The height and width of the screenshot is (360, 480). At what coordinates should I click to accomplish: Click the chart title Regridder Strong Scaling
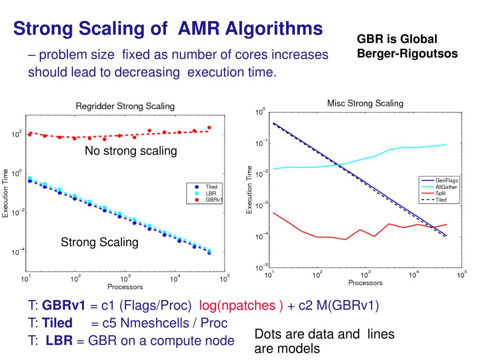point(125,106)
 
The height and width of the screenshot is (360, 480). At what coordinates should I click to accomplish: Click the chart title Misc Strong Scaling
point(365,103)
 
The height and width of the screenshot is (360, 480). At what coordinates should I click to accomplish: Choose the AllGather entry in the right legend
point(446,187)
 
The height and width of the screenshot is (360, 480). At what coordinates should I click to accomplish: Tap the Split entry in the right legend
point(440,193)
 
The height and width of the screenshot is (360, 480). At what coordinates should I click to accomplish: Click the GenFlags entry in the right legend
point(446,180)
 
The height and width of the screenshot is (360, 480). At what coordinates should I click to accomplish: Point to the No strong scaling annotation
point(131,151)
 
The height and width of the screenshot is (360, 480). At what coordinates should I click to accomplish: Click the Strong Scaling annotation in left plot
point(100,242)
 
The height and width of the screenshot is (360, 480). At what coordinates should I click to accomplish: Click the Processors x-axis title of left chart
point(125,286)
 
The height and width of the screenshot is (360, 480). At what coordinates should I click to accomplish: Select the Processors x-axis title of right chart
point(365,283)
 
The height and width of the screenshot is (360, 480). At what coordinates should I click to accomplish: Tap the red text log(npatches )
point(241,306)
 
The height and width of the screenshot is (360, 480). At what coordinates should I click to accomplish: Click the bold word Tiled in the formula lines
point(57,323)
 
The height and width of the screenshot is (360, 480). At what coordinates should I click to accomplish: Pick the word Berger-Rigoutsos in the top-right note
point(407,53)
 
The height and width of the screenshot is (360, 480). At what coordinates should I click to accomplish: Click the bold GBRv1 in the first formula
point(64,306)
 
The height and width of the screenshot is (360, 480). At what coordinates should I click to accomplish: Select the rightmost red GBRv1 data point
point(209,127)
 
